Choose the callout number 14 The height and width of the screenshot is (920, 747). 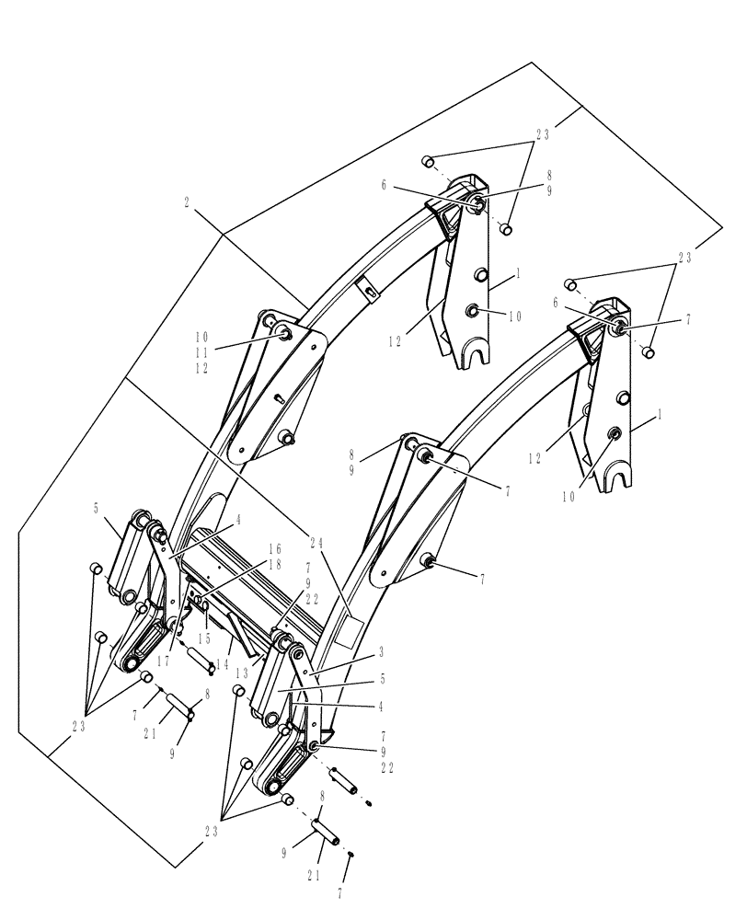click(224, 662)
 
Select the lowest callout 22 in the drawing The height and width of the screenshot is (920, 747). click(386, 767)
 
